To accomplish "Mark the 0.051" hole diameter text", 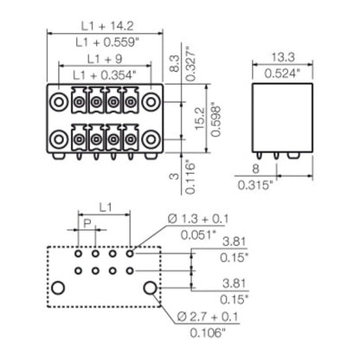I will pyautogui.click(x=196, y=243).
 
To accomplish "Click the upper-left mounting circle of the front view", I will pyautogui.click(x=59, y=101).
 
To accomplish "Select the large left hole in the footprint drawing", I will pyautogui.click(x=58, y=287).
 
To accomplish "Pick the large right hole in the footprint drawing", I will pyautogui.click(x=151, y=287).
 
